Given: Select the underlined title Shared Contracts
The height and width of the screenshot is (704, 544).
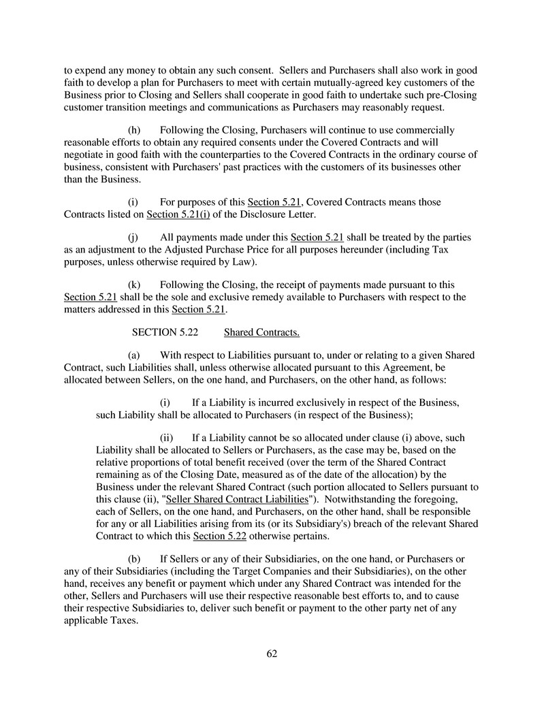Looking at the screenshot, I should point(261,332).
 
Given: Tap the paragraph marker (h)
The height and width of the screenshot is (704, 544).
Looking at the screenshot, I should point(136,130).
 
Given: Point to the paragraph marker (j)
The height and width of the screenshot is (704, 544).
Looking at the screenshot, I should point(135,238).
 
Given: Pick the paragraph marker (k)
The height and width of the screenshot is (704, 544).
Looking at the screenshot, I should point(136,285).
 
